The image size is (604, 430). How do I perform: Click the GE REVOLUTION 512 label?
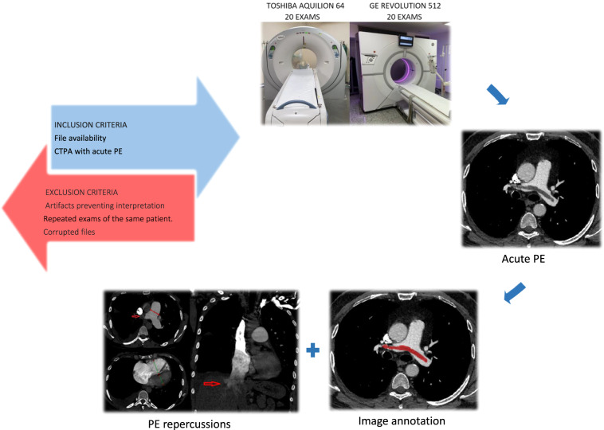coord(400,6)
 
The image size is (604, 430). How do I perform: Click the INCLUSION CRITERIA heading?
coord(91,127)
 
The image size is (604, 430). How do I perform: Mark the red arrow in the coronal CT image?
coord(211,385)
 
